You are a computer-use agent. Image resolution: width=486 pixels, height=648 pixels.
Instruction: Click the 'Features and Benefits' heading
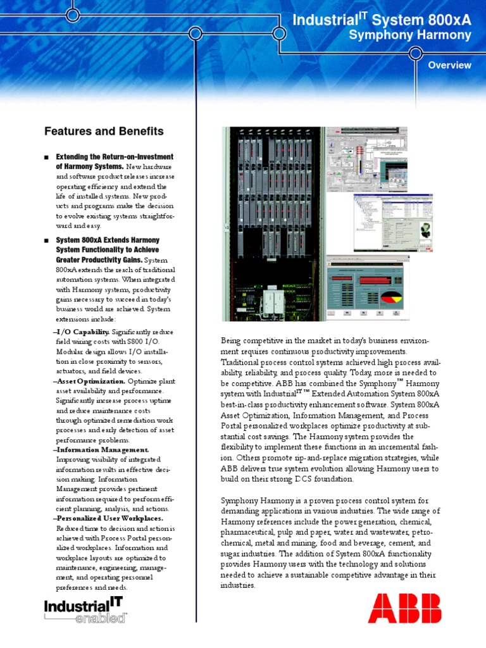click(x=104, y=132)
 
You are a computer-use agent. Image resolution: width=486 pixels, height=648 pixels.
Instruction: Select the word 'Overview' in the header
click(x=449, y=65)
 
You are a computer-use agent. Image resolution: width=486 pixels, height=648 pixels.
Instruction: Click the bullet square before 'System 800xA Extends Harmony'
click(x=47, y=241)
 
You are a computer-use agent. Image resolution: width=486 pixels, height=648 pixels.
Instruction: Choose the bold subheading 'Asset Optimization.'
click(x=90, y=382)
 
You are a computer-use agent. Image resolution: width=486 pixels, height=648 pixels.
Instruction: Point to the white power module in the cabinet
click(x=272, y=297)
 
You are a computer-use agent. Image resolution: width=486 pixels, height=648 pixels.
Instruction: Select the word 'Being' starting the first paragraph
click(x=232, y=340)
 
